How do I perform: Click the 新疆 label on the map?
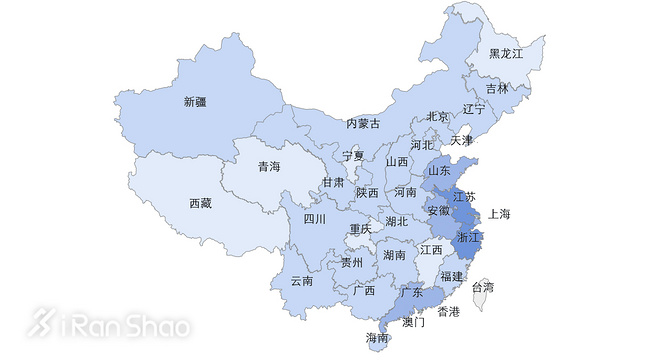(194, 101)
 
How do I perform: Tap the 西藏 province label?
(200, 203)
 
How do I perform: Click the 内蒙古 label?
(363, 123)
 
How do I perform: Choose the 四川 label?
(315, 218)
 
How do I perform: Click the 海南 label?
(377, 337)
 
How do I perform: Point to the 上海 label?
(499, 214)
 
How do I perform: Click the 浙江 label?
(468, 238)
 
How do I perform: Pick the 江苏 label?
(464, 196)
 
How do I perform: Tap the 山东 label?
(439, 170)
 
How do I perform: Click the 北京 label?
(437, 116)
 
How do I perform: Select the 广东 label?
(410, 292)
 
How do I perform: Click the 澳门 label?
(413, 323)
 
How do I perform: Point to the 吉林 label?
(497, 88)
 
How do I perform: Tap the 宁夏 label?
(353, 156)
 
